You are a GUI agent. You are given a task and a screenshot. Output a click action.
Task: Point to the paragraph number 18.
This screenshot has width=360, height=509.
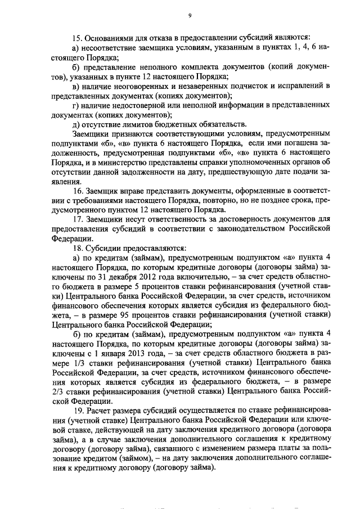pyautogui.click(x=78, y=249)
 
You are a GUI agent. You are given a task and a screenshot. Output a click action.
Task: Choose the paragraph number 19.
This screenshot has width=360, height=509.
pyautogui.click(x=78, y=411)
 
